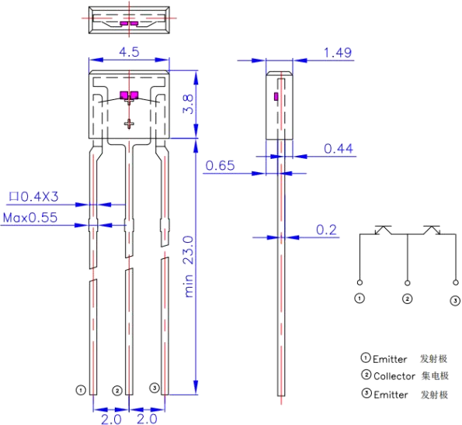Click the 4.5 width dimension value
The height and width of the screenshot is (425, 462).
[x=129, y=52]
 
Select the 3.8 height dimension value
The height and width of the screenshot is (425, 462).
[x=188, y=104]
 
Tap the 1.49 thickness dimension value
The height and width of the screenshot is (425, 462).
[x=338, y=53]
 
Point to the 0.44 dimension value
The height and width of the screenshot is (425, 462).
[x=339, y=149]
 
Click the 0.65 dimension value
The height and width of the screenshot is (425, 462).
[x=220, y=165]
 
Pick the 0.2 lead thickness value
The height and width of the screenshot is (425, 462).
[x=326, y=230]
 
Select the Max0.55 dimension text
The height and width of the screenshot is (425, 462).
[x=30, y=218]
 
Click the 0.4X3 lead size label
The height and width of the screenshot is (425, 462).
[x=34, y=197]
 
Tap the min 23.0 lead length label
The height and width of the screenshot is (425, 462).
[x=189, y=266]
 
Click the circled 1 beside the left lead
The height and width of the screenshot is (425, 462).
[x=81, y=390]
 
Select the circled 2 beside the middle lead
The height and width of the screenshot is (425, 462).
[x=117, y=391]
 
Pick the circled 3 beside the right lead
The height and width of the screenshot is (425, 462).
[x=155, y=388]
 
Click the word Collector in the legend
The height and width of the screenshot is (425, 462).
[x=394, y=376]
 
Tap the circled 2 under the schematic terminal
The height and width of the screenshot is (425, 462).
[x=407, y=299]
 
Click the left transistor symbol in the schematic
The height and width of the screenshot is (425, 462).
[x=384, y=230]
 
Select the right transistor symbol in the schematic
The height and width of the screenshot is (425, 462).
[x=432, y=230]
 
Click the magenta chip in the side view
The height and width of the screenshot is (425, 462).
[x=276, y=96]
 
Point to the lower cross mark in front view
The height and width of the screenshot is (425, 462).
[x=129, y=124]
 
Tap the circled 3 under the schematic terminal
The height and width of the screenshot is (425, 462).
[x=455, y=300]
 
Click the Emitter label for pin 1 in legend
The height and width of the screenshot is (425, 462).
[x=390, y=359]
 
